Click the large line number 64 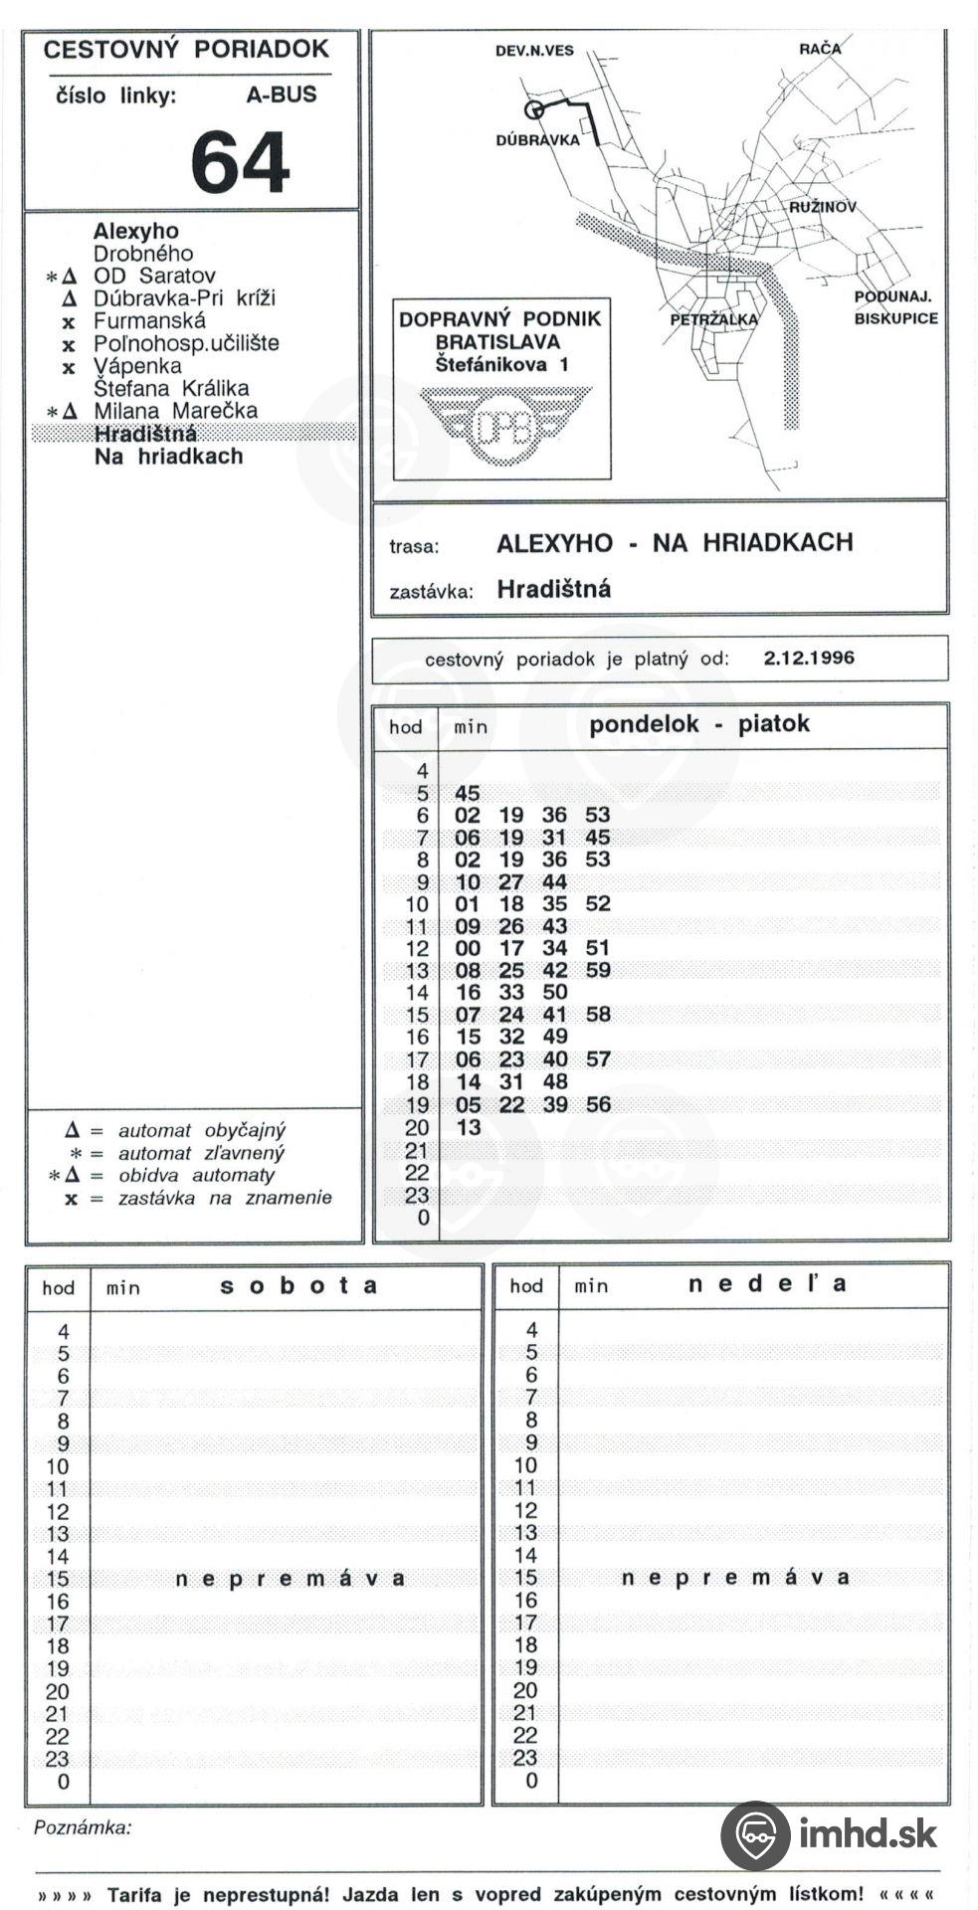click(240, 162)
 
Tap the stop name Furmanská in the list click(149, 321)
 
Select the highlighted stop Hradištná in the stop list click(145, 434)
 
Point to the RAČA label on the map click(819, 49)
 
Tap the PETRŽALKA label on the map click(713, 319)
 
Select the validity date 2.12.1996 click(809, 658)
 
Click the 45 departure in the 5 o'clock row click(467, 793)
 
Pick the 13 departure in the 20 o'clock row click(468, 1127)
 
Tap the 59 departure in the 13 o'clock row click(598, 970)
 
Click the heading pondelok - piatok click(698, 723)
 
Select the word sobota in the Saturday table click(297, 1285)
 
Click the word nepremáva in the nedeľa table click(735, 1578)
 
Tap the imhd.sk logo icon click(755, 1834)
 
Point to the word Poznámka click(83, 1827)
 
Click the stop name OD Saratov click(154, 276)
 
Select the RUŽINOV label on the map click(823, 208)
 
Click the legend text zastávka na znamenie click(225, 1198)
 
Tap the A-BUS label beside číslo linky click(282, 95)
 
